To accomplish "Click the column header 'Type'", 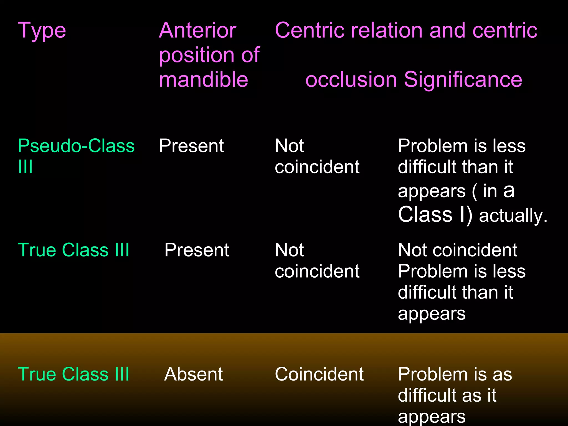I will (42, 31).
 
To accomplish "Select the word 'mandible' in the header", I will (203, 79).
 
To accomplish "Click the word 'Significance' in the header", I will (463, 79).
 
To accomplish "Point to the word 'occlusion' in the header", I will (351, 79).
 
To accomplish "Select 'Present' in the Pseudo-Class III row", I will (191, 146).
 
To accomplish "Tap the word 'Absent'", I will (193, 374).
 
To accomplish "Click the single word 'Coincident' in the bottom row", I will (319, 374).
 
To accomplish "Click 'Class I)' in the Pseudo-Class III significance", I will (435, 215).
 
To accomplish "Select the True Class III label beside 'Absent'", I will (73, 374).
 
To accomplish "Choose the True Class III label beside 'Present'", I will (73, 250).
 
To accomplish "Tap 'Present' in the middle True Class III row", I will (197, 250).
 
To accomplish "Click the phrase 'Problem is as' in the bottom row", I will (455, 374).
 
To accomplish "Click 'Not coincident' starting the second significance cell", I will (457, 250).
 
